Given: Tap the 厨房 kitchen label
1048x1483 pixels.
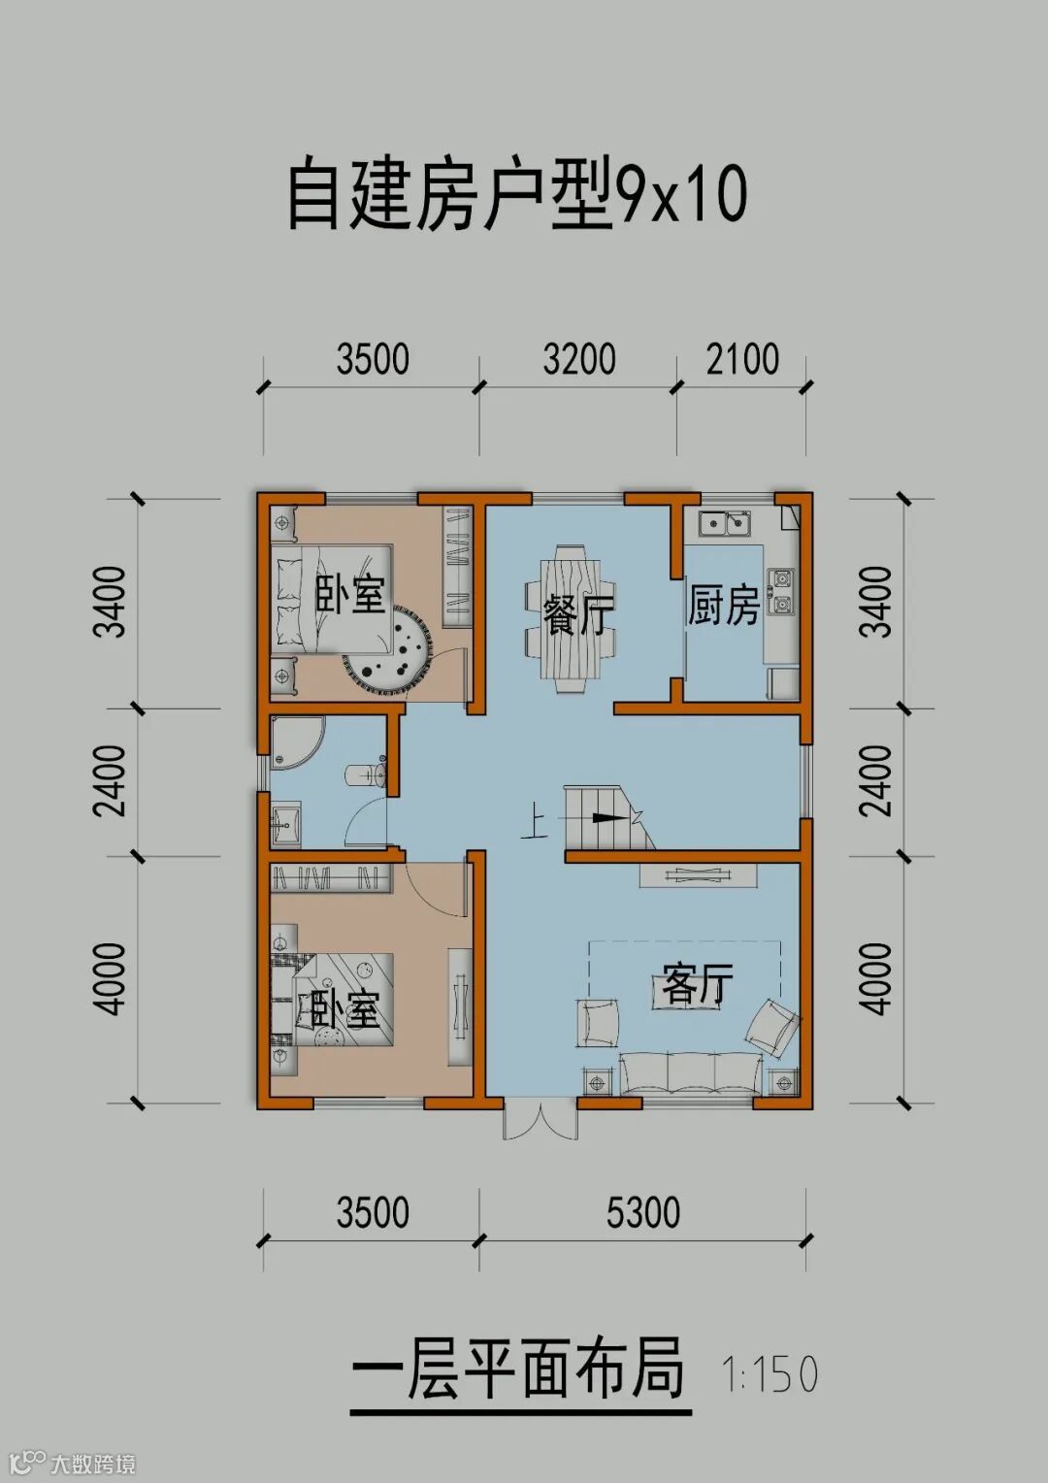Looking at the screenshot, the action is pyautogui.click(x=723, y=605).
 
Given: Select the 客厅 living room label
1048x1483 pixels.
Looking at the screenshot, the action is pyautogui.click(x=697, y=984).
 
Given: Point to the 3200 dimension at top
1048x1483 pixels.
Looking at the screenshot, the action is pyautogui.click(x=579, y=359).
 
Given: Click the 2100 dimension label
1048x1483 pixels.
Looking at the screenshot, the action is pyautogui.click(x=742, y=359).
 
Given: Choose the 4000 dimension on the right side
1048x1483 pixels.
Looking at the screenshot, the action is pyautogui.click(x=874, y=979).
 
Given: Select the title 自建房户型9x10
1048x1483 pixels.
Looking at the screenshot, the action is pyautogui.click(x=518, y=197).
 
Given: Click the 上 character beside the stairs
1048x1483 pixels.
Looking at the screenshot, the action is pyautogui.click(x=535, y=825).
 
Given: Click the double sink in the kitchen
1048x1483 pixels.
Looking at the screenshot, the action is pyautogui.click(x=726, y=524).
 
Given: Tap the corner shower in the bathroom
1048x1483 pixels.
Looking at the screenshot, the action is pyautogui.click(x=297, y=742).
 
